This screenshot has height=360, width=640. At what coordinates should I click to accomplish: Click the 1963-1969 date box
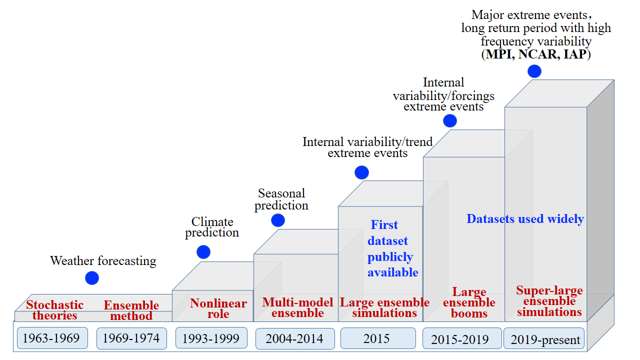[x=52, y=338]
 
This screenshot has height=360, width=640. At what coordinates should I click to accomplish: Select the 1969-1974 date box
[x=131, y=338]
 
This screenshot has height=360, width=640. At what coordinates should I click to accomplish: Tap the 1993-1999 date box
[x=211, y=338]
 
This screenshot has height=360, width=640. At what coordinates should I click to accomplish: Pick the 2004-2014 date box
[x=294, y=338]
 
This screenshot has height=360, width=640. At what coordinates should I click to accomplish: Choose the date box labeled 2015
[x=377, y=338]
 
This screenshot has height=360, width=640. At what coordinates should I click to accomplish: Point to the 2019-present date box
[x=545, y=339]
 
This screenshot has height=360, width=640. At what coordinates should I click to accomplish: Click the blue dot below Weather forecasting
[x=92, y=278]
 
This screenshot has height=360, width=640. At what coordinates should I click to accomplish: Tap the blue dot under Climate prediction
[x=203, y=252]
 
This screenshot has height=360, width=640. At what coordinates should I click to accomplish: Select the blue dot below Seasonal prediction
[x=278, y=220]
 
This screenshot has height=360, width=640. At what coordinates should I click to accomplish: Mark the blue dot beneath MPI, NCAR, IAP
[x=534, y=71]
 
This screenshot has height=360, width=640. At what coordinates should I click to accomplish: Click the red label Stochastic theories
[x=55, y=310]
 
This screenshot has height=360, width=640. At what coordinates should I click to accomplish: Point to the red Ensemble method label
[x=131, y=310]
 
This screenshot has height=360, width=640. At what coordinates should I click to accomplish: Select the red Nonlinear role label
[x=218, y=308]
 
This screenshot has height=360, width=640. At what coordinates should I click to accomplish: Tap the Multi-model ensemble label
[x=298, y=307]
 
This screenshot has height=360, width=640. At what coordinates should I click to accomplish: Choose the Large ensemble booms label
[x=469, y=302]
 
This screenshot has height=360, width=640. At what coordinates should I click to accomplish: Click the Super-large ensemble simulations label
[x=549, y=301]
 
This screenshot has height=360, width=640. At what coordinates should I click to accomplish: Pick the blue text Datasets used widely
[x=525, y=219]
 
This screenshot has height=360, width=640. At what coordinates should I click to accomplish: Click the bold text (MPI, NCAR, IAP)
[x=536, y=54]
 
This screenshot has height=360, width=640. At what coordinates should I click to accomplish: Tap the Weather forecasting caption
[x=103, y=260]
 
